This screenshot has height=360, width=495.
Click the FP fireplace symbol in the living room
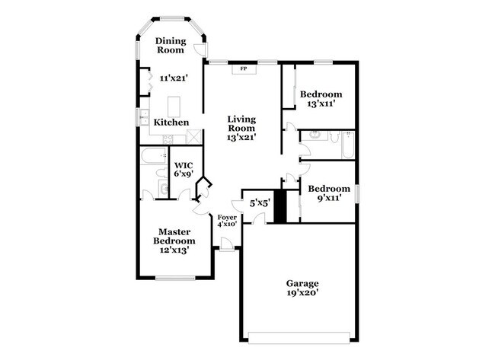(244, 69)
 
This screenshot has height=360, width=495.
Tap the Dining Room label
(171, 45)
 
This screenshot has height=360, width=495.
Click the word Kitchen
(171, 123)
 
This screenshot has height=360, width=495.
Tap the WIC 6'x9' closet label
(183, 169)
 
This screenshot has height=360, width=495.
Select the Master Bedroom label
(173, 240)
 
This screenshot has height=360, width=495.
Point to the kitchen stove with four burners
(169, 138)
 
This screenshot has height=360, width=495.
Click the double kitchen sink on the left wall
(142, 117)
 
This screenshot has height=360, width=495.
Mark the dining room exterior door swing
(200, 49)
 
